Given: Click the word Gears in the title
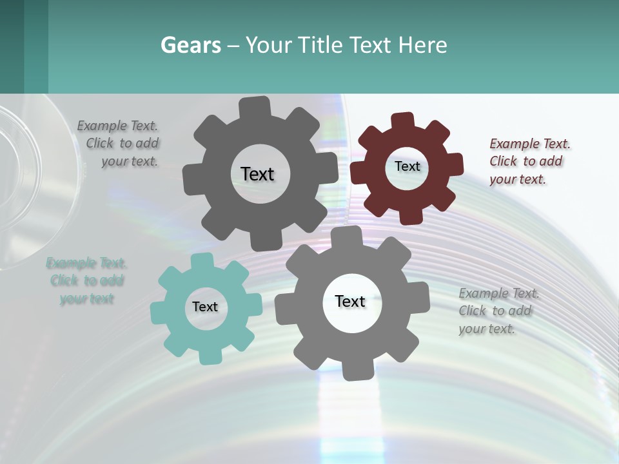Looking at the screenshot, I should click(x=191, y=45).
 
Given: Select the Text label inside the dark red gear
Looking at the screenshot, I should click(x=407, y=166).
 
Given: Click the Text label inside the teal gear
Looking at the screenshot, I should click(x=205, y=307).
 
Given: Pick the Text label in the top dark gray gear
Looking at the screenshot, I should click(x=257, y=174).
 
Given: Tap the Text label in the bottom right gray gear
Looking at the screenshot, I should click(x=350, y=301).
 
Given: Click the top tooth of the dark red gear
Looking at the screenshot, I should click(x=403, y=120).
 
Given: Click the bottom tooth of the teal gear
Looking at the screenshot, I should click(x=210, y=355).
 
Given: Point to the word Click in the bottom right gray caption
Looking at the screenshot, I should click(x=473, y=311).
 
